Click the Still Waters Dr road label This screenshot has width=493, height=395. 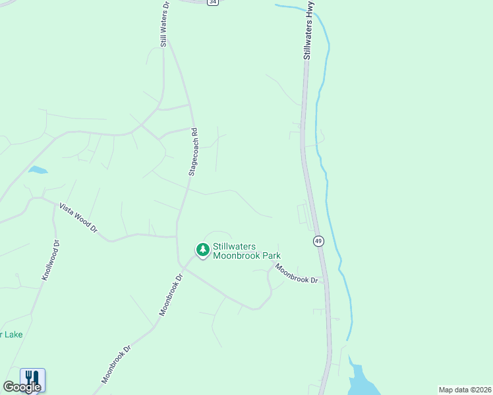164,24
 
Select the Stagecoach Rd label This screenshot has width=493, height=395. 193,151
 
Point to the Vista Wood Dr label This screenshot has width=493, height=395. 78,218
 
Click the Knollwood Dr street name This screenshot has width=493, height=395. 51,261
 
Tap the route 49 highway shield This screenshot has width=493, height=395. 318,242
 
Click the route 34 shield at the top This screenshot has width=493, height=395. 212,2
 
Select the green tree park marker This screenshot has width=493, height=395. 202,250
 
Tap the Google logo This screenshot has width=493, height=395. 21,386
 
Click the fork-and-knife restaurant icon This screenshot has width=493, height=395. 32,378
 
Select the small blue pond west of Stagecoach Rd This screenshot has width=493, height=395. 38,170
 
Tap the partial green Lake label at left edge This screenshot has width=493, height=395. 11,334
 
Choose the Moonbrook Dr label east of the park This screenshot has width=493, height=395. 297,273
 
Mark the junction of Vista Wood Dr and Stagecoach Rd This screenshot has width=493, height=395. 177,236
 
